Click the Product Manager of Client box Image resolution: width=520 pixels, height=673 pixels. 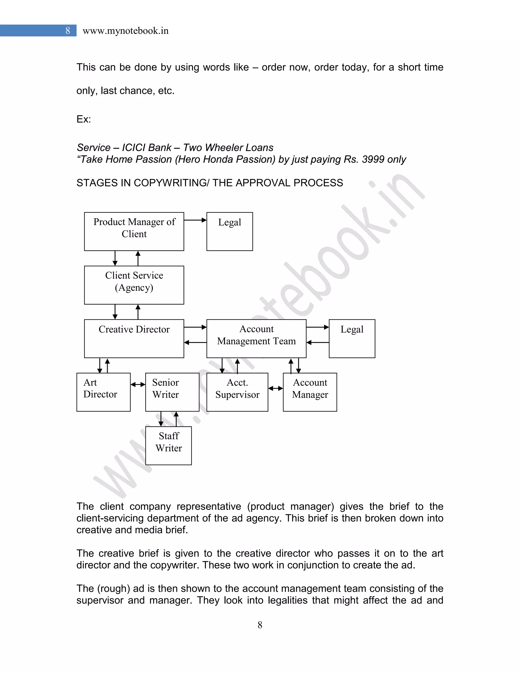tap(134, 231)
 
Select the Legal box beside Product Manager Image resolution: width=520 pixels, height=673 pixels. tap(230, 231)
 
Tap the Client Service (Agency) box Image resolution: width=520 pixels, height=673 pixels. tap(134, 285)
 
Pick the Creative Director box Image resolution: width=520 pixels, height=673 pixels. tap(134, 338)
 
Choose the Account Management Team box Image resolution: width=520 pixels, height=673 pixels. tap(256, 338)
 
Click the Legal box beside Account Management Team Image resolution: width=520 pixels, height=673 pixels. tap(352, 338)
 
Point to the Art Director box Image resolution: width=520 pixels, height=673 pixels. tap(104, 392)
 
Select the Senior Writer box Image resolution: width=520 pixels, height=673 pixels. tap(172, 392)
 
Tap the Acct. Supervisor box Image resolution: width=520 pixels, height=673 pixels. tap(237, 392)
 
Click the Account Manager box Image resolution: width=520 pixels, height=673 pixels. tap(310, 392)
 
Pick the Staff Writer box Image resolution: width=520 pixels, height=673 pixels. tap(169, 446)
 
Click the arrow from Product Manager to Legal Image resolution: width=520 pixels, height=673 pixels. tap(195, 220)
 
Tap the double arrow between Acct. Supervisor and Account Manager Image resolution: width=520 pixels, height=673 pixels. tap(275, 388)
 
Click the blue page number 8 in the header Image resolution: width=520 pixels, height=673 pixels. tap(68, 30)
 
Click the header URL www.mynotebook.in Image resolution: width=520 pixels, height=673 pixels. tap(126, 31)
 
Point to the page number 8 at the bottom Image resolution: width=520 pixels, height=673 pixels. tap(260, 625)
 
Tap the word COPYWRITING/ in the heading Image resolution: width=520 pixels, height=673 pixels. tap(172, 183)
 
